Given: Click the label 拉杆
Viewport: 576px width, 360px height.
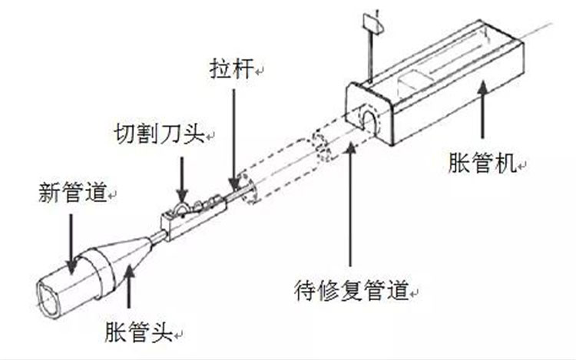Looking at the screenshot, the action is (232, 68).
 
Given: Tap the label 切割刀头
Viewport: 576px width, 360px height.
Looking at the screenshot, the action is (159, 134).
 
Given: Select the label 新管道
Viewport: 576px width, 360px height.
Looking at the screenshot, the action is (72, 192).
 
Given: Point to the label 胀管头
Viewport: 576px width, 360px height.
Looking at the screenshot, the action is (139, 332).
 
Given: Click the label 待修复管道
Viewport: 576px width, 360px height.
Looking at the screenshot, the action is (352, 291).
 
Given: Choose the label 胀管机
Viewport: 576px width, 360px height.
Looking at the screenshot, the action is (482, 163).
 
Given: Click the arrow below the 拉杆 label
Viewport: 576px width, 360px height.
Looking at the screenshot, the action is (233, 140).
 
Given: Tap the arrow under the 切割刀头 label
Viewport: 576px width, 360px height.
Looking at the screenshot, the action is (182, 180).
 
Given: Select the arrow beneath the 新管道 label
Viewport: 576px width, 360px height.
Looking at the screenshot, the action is (71, 244).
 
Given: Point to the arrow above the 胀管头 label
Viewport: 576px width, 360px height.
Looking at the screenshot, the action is (128, 286).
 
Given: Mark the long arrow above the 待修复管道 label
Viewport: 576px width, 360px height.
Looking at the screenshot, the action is (351, 204).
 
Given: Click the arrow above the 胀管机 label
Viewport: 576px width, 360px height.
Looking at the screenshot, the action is (482, 110).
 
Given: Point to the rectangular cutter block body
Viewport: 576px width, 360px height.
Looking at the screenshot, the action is (194, 220).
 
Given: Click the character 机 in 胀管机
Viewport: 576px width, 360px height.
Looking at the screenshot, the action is (505, 163).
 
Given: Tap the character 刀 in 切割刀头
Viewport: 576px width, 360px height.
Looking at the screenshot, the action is (170, 134).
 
